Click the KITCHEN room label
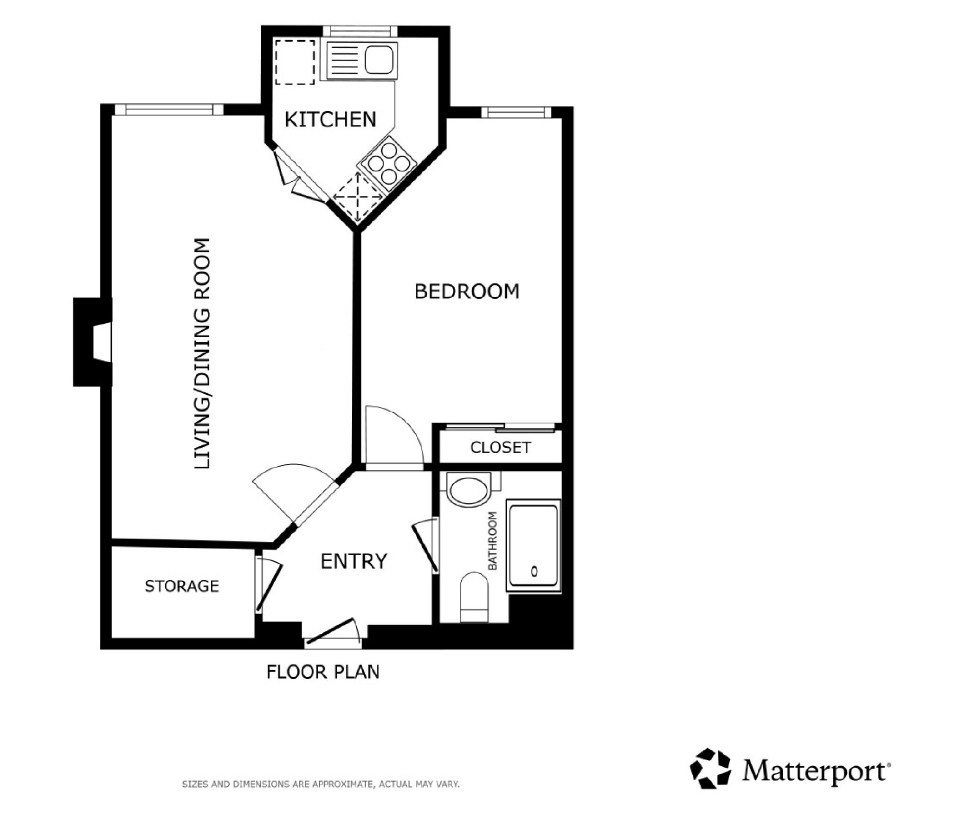tap(330, 119)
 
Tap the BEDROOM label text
tap(467, 291)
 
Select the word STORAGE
tap(182, 586)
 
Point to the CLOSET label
tap(501, 447)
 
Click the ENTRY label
tap(354, 561)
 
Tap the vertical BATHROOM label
tap(493, 540)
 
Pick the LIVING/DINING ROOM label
tap(202, 354)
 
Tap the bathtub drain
tap(534, 571)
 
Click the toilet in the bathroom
tap(474, 596)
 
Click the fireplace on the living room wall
tap(93, 342)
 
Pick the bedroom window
tap(516, 112)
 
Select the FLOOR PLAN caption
tap(323, 672)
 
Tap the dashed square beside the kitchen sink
tap(295, 62)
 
